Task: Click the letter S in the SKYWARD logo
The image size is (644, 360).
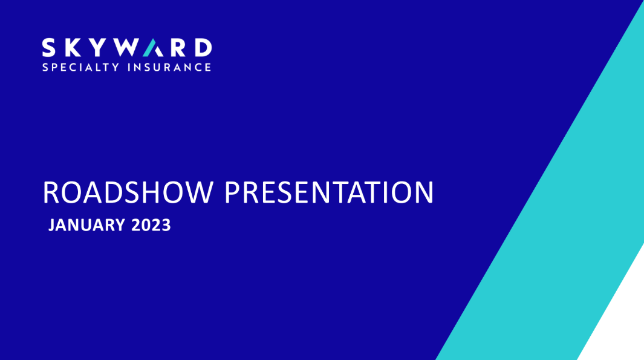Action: click(48, 48)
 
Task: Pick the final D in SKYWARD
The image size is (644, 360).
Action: click(203, 48)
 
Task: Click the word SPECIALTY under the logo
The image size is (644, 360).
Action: click(81, 67)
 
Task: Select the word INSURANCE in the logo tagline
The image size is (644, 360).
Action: click(170, 67)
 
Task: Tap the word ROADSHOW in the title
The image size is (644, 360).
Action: click(128, 192)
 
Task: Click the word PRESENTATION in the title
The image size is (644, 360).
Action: click(329, 192)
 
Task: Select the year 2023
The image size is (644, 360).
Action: click(151, 225)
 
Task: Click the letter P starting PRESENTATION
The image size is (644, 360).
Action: click(232, 192)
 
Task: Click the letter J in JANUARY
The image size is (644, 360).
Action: click(52, 226)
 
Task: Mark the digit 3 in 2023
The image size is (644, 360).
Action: click(166, 225)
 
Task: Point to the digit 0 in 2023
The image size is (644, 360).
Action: click(146, 225)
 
